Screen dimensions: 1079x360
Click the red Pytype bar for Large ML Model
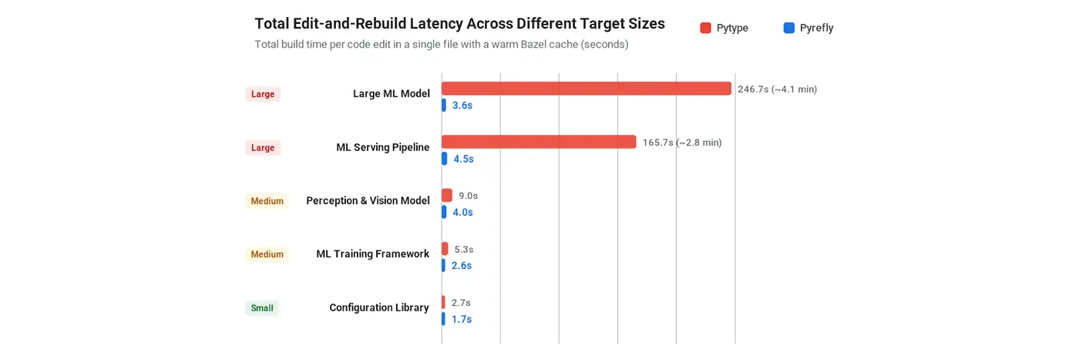point(587,88)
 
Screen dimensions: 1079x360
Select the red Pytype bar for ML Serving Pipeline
point(539,142)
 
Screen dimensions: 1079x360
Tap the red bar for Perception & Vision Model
point(447,195)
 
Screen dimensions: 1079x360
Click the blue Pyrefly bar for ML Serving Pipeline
point(444,159)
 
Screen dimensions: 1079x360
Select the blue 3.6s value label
point(462,105)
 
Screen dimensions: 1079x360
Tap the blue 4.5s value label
point(463,159)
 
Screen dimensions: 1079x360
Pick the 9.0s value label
point(469,196)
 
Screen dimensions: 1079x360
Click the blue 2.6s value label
point(462,265)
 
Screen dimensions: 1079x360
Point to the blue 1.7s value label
point(462,319)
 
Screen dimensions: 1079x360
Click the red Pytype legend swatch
point(706,28)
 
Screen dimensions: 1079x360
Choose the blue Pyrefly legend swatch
point(789,28)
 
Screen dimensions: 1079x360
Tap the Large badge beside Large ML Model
point(263,94)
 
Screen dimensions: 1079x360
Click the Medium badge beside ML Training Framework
point(267,254)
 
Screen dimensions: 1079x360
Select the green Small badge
point(262,308)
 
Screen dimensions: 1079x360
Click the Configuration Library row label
point(379,308)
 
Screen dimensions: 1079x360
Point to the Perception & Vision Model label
point(368,200)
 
